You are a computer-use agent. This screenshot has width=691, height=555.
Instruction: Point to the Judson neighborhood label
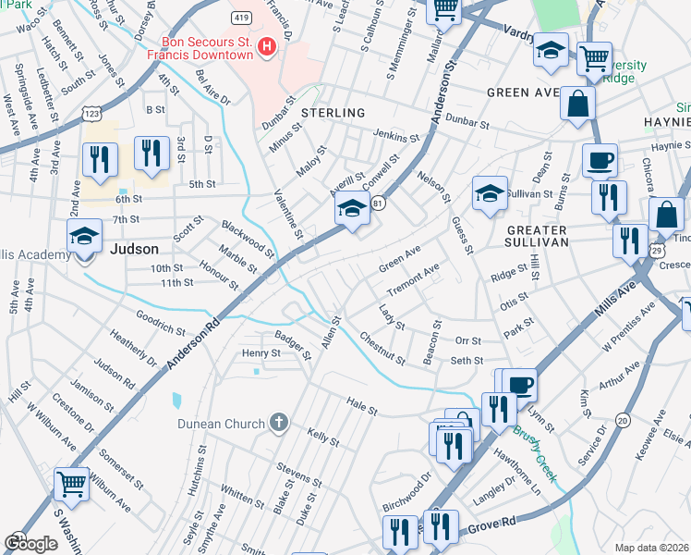[x=134, y=249]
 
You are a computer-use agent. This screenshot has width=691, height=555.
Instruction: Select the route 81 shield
[x=378, y=200]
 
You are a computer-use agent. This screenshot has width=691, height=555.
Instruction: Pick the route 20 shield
[x=623, y=420]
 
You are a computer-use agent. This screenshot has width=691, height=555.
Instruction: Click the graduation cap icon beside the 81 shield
[x=352, y=210]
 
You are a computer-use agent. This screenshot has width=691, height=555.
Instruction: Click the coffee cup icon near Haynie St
[x=600, y=159]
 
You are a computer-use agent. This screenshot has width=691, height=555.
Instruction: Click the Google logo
[x=30, y=543]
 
